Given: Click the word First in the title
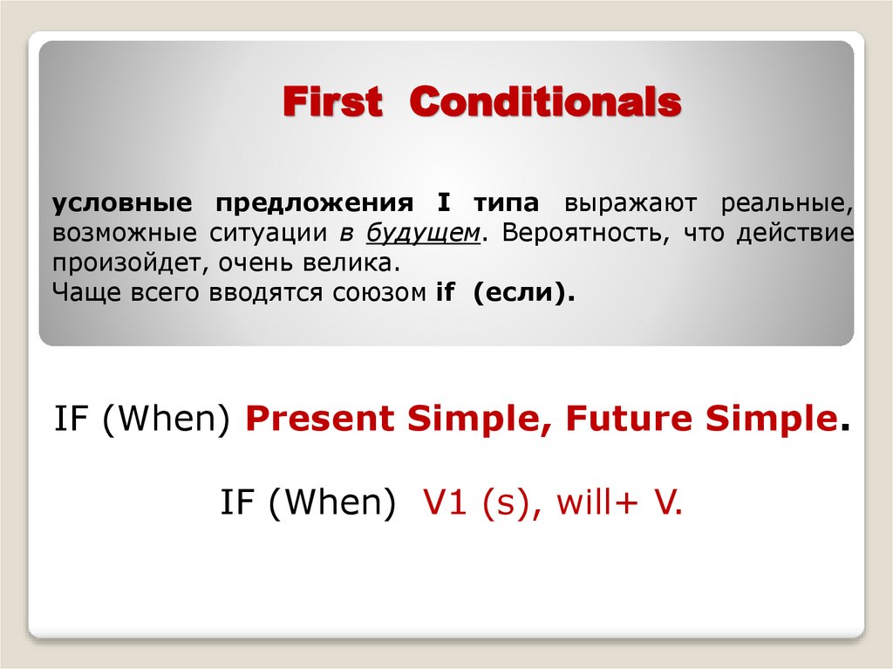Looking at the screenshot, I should (x=332, y=103).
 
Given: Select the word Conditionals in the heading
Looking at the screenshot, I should (x=545, y=103).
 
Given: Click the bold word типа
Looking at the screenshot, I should (x=507, y=203).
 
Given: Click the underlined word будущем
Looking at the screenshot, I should (x=424, y=234).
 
